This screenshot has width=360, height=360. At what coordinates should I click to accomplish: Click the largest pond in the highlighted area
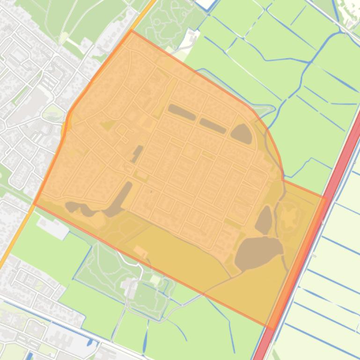(x=258, y=253)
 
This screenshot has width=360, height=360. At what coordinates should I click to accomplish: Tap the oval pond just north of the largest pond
(x=264, y=220)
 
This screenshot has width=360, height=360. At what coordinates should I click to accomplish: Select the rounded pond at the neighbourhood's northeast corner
(x=242, y=134)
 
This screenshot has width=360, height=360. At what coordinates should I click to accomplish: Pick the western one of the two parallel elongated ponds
(x=182, y=112)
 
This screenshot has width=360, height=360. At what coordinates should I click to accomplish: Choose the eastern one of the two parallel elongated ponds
(x=213, y=125)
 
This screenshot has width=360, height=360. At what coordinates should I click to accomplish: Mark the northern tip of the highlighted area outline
(x=132, y=31)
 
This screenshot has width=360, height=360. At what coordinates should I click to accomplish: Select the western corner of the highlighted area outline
(x=34, y=204)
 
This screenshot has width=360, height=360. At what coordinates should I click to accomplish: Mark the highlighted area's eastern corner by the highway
(x=326, y=197)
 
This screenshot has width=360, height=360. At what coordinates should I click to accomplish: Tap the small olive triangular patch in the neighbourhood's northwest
(x=108, y=125)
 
